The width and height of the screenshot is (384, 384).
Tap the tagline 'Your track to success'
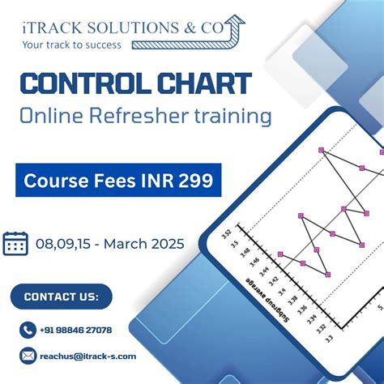pos(72,45)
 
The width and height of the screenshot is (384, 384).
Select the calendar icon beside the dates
pos(15,243)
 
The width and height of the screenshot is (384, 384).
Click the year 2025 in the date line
pos(164,243)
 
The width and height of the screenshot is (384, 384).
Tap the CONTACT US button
pos(62,297)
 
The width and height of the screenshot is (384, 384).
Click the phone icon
pos(28,330)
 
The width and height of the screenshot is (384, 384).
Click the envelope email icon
pos(28,356)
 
